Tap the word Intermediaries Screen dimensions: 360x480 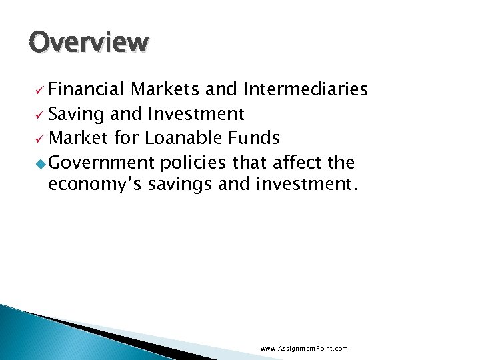(x=305, y=90)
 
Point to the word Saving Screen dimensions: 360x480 (x=76, y=115)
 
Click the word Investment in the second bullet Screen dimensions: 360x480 (x=196, y=115)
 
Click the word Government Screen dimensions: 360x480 (x=101, y=163)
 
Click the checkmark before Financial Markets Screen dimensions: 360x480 (x=41, y=91)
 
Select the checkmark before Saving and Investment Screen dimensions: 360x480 (x=41, y=115)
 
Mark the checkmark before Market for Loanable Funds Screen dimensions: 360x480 (x=41, y=139)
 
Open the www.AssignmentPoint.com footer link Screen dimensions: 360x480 (x=304, y=349)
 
